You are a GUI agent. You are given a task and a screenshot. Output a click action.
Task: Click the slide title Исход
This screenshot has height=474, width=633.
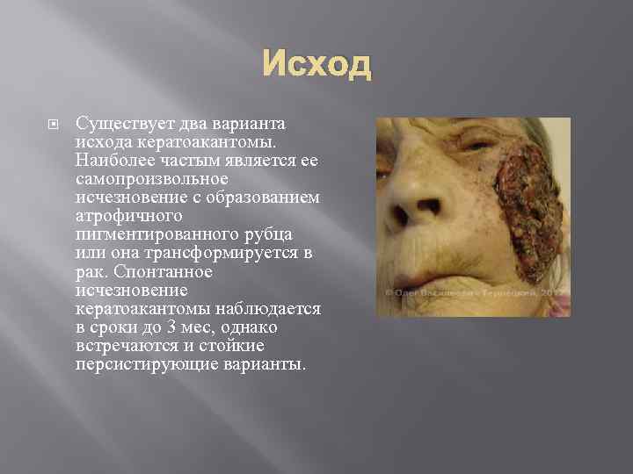pyautogui.click(x=316, y=65)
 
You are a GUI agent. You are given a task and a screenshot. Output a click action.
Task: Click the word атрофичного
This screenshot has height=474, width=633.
pyautogui.click(x=117, y=216)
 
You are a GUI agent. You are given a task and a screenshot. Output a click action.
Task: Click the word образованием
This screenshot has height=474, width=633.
pyautogui.click(x=271, y=199)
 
